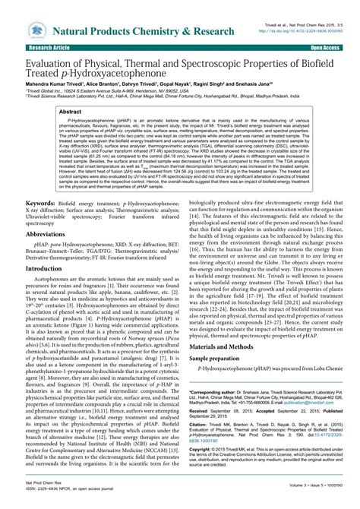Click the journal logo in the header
(x=36, y=30)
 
